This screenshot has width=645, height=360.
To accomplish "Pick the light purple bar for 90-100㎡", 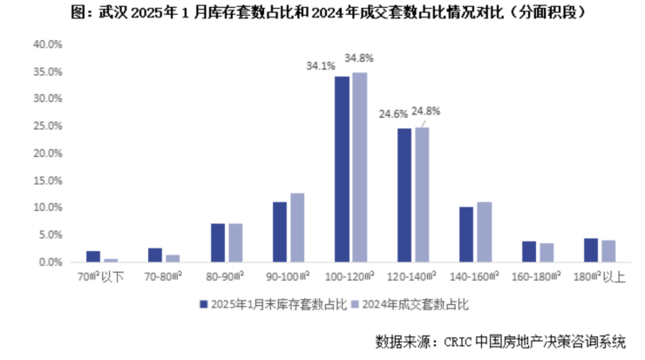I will [x=297, y=228].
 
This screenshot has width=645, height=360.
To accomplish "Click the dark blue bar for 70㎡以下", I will [x=93, y=256].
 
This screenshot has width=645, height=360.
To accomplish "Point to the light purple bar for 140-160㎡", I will [x=484, y=232].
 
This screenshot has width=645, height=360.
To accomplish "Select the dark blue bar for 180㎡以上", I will [x=591, y=250].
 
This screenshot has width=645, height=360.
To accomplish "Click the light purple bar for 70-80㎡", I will [x=173, y=258].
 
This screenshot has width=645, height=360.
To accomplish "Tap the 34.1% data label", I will [x=319, y=65].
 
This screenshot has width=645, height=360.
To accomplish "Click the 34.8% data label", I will [x=359, y=58].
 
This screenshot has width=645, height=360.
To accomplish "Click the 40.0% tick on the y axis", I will [x=47, y=44].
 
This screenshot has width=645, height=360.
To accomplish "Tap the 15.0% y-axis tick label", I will [x=47, y=180].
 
